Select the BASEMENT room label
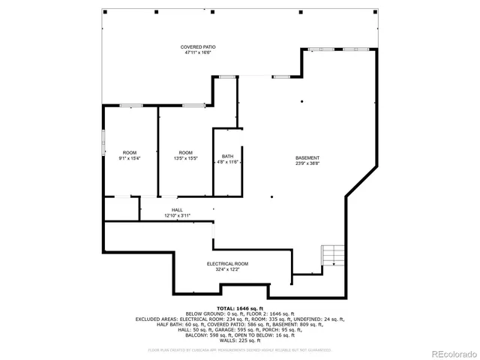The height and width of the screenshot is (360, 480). tap(307, 157)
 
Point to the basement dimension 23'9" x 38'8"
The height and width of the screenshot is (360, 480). tap(307, 163)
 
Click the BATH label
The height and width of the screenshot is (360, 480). tap(227, 156)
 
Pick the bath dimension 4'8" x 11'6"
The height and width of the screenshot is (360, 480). tap(227, 161)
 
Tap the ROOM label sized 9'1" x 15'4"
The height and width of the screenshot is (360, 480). tap(130, 152)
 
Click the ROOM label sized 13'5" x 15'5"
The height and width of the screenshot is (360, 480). tap(185, 152)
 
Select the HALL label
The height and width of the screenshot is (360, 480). tap(177, 210)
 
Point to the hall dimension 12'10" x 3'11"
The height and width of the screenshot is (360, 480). tap(177, 215)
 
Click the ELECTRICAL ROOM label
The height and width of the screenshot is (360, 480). tap(227, 263)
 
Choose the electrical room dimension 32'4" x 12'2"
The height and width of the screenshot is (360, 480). tap(227, 269)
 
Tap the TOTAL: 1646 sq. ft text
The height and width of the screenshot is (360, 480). tap(240, 308)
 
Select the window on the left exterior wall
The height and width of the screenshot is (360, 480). tap(103, 143)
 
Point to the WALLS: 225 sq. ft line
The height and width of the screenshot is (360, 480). tap(240, 340)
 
